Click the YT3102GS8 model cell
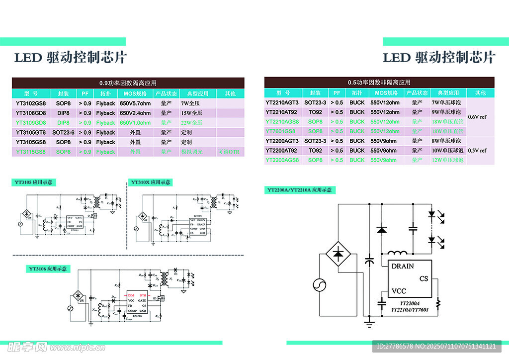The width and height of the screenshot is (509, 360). tap(30, 103)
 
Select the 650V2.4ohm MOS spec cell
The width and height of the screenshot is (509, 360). tap(135, 113)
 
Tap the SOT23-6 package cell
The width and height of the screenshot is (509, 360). tap(63, 132)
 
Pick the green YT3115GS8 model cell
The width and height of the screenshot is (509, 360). tap(30, 152)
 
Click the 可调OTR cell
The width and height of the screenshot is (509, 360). tap(230, 152)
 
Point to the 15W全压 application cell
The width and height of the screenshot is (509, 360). tap(191, 113)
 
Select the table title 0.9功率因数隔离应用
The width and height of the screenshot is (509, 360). tap(128, 83)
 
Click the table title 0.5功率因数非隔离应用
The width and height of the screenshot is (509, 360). tap(379, 82)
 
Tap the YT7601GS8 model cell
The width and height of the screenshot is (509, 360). tap(282, 131)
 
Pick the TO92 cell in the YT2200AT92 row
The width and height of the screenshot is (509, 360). tap(315, 150)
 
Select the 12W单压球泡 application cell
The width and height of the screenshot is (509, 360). tap(447, 160)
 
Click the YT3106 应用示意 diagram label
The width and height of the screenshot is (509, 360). tap(49, 269)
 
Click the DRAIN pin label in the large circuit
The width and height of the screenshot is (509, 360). tap(402, 266)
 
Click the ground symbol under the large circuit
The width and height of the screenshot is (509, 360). tap(368, 325)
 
